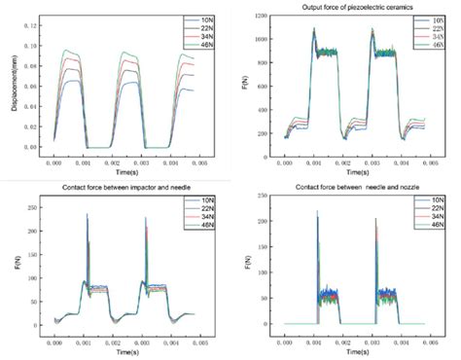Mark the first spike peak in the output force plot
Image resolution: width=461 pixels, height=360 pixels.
click(x=314, y=28)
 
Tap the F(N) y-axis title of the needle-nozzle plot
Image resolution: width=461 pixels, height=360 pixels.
click(x=250, y=263)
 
